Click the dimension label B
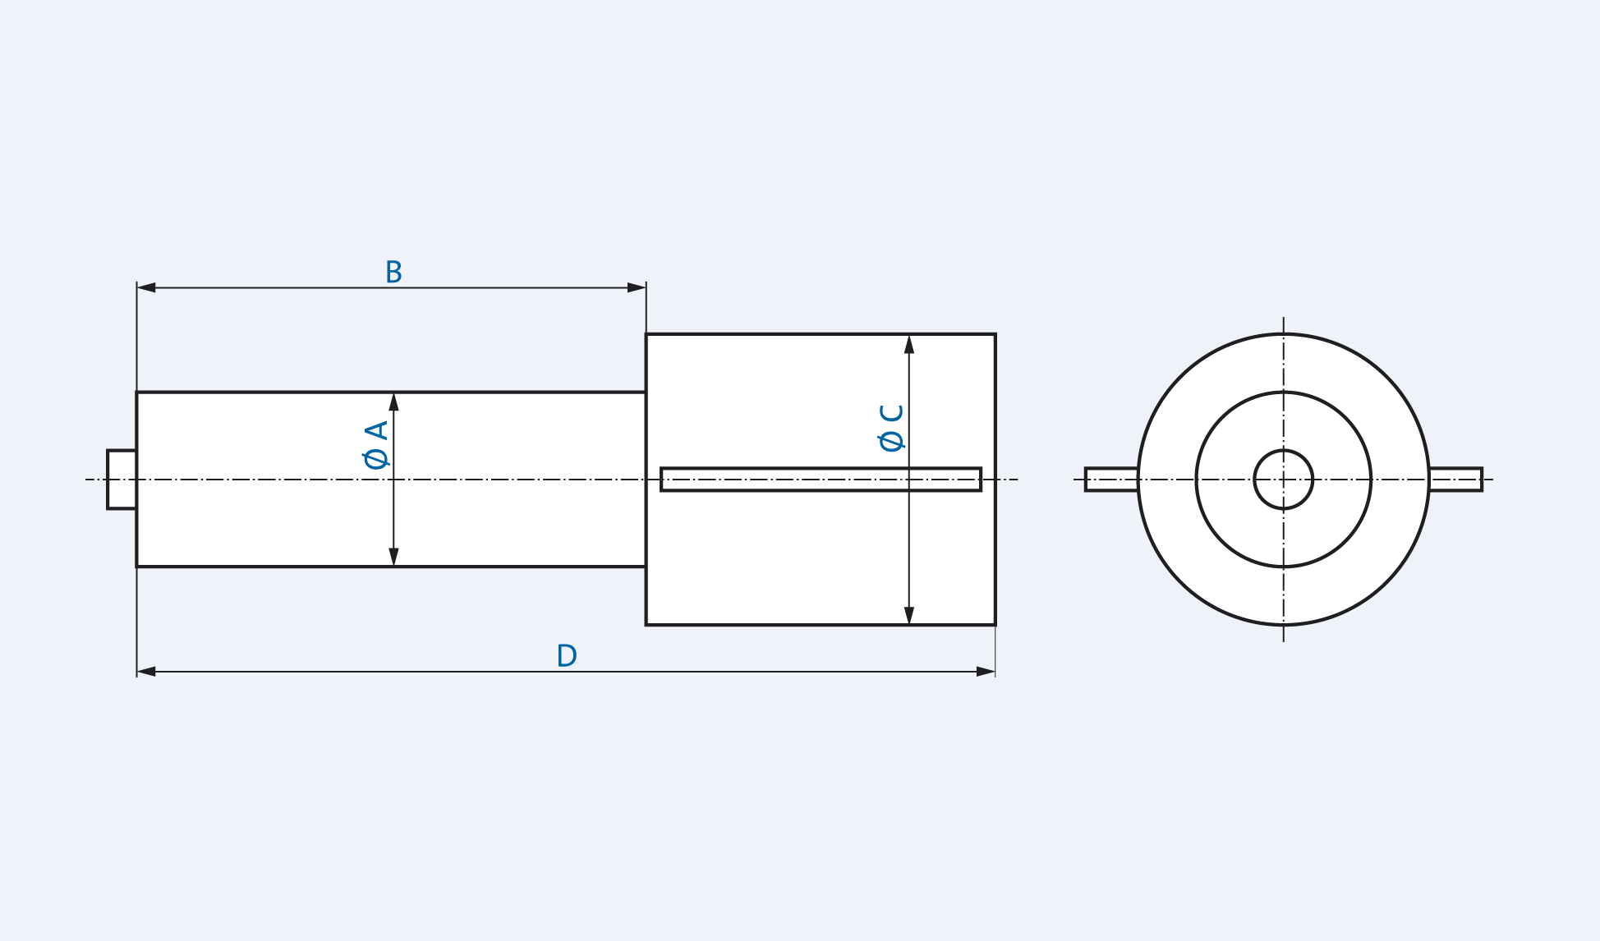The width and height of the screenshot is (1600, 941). [393, 272]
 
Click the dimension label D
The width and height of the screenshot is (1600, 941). [567, 655]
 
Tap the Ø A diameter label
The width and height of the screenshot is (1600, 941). [376, 444]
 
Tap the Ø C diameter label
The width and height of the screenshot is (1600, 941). [891, 427]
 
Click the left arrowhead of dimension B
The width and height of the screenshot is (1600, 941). [146, 287]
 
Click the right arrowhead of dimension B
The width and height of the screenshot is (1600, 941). [637, 287]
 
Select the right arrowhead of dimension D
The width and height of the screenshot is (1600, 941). [986, 672]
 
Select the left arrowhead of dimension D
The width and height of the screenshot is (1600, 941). [146, 672]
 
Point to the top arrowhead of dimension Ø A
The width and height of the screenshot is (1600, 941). [393, 402]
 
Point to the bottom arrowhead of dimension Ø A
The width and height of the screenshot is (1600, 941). [393, 557]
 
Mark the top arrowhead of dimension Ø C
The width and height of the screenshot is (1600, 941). [909, 344]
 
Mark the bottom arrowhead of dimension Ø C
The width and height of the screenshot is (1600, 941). [909, 615]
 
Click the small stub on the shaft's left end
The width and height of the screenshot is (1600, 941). [122, 480]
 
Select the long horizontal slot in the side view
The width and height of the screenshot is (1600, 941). [821, 480]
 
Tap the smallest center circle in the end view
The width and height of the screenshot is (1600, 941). [1284, 480]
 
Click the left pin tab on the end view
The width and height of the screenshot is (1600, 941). [1111, 480]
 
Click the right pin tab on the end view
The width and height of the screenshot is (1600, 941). [1455, 480]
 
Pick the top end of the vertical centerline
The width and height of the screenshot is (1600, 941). [1284, 319]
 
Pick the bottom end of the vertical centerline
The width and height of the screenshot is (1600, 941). [1284, 640]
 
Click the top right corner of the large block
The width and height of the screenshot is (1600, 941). [995, 334]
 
